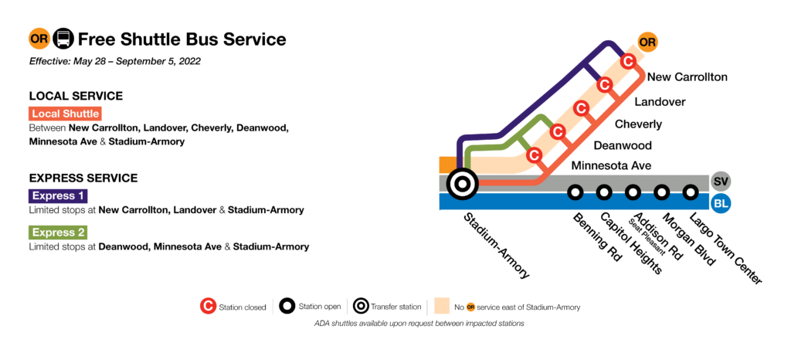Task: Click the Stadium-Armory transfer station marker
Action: point(462,184)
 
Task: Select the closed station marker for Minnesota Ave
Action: point(533,156)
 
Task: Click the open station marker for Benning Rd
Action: point(575,192)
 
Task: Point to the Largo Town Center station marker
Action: point(691,192)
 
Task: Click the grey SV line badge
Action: point(721,182)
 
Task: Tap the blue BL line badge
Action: point(721,204)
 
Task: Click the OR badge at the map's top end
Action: point(647,42)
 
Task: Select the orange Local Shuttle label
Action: point(66,114)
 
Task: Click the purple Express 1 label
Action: point(58,196)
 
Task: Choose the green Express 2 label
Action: point(58,233)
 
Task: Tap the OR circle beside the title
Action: point(39,39)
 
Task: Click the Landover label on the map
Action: point(659,102)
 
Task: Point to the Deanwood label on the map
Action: point(622,145)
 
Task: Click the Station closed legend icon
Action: point(207,307)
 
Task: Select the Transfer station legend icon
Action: point(358,307)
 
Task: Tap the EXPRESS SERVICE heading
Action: point(83,178)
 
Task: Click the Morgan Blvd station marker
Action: point(662,192)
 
